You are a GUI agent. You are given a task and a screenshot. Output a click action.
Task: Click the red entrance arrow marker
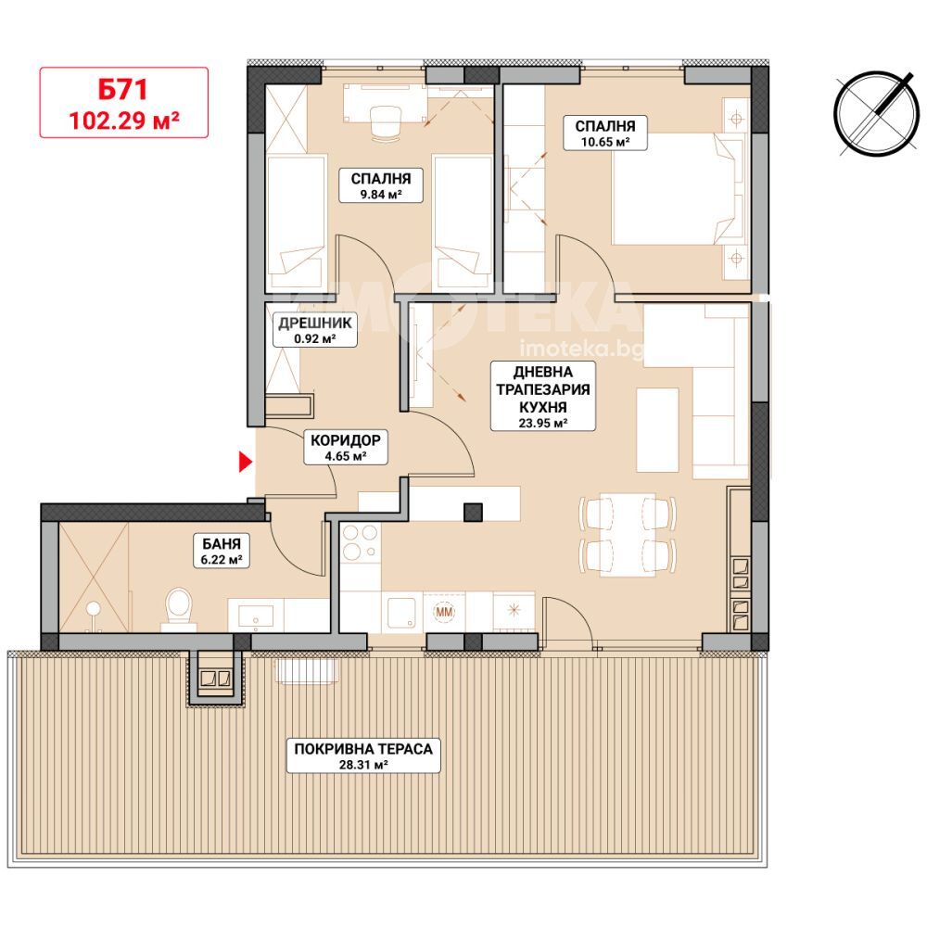coord(245,462)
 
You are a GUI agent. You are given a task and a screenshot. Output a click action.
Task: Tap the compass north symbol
coord(877,114)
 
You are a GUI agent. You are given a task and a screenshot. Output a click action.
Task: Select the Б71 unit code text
coord(123,90)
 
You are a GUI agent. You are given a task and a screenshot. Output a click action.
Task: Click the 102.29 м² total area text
coord(124,121)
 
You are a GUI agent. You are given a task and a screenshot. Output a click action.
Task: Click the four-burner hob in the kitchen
coord(360,542)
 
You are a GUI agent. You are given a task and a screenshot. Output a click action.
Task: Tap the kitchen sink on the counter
coord(402,613)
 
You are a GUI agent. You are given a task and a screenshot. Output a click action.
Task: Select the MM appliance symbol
coord(444,612)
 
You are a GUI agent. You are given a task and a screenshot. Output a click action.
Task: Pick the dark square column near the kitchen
coord(473,513)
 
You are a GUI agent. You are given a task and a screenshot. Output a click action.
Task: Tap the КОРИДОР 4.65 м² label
coord(346,447)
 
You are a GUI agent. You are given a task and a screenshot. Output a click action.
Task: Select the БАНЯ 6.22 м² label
coord(222,551)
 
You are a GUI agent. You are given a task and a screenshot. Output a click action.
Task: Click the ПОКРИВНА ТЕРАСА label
coord(363,755)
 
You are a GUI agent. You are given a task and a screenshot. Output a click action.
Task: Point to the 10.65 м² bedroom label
coord(605,133)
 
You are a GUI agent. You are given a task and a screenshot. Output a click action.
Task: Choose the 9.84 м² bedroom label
coord(381,185)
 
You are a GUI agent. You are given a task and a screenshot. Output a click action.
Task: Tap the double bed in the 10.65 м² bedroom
coord(679,188)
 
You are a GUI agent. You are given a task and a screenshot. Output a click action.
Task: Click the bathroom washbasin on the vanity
coord(256,615)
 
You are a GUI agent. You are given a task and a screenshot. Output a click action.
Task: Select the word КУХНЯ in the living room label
coord(543,407)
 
